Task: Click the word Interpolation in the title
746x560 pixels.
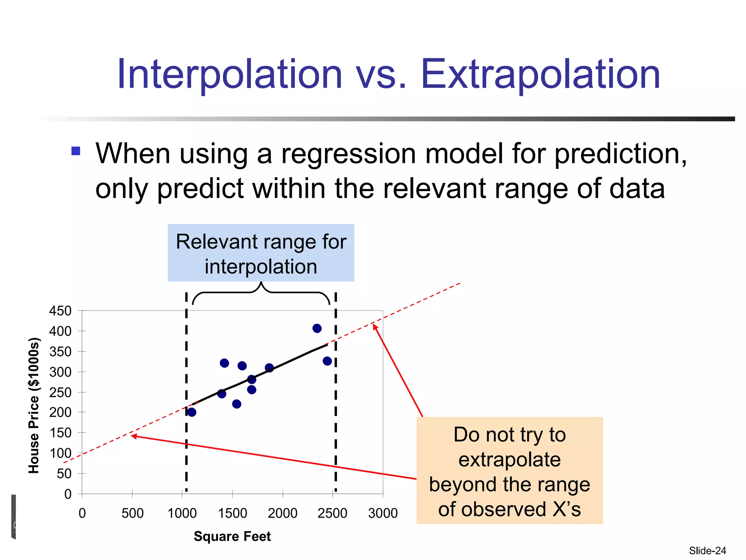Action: click(229, 75)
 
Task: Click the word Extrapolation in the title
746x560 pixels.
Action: click(541, 75)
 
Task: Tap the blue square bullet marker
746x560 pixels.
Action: click(76, 151)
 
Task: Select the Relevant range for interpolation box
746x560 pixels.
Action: click(261, 253)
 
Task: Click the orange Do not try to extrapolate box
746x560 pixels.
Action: click(509, 471)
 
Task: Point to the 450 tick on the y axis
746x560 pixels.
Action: click(60, 311)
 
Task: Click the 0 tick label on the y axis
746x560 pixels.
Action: click(68, 494)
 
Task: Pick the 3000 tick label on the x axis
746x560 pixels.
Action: click(382, 513)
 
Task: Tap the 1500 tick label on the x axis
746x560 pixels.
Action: click(232, 513)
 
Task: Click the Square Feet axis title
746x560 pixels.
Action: click(232, 536)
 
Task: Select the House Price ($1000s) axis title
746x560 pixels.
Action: click(34, 406)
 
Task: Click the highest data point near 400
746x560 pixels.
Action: click(317, 328)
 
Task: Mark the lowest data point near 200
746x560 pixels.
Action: click(192, 412)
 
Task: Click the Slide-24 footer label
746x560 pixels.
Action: click(707, 551)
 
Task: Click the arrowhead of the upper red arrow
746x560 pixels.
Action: click(375, 326)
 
